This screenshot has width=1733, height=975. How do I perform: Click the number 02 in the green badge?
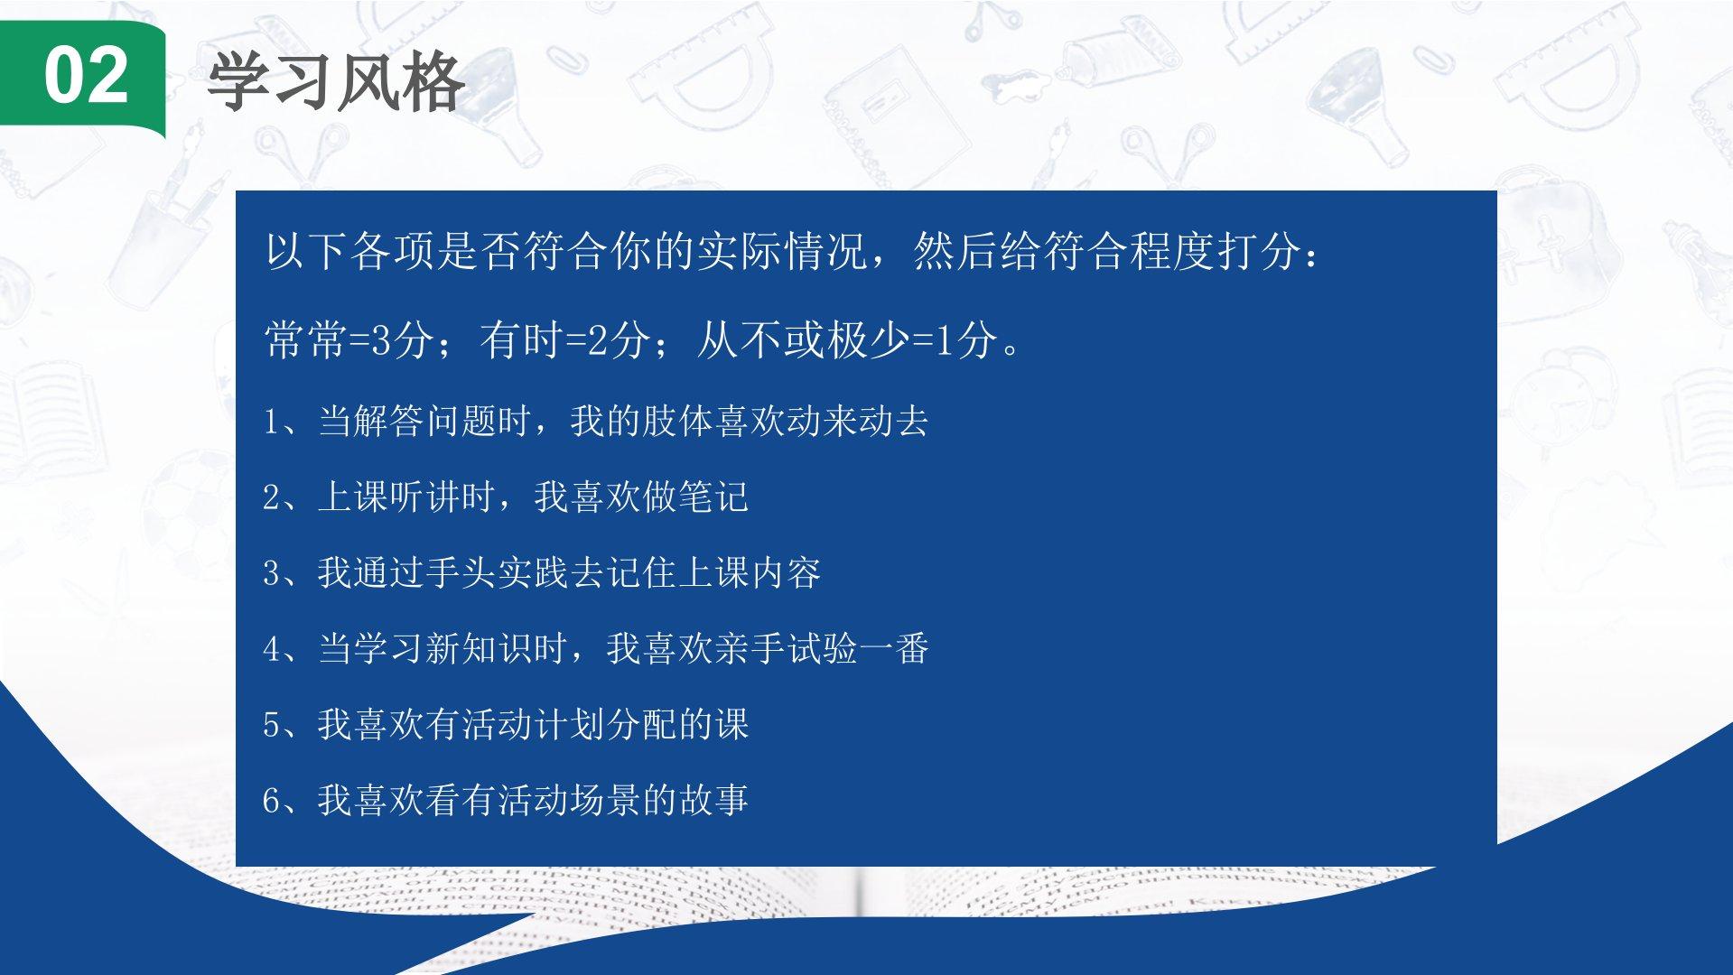pyautogui.click(x=86, y=76)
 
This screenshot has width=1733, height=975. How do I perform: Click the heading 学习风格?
pyautogui.click(x=336, y=81)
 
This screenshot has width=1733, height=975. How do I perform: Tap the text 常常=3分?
pyautogui.click(x=349, y=340)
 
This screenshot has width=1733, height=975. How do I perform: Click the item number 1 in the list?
pyautogui.click(x=271, y=422)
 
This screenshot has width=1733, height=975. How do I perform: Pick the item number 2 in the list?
pyautogui.click(x=271, y=497)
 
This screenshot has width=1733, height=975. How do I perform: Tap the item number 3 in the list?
pyautogui.click(x=271, y=573)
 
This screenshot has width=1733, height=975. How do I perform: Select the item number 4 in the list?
pyautogui.click(x=271, y=649)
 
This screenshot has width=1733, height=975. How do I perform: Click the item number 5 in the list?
pyautogui.click(x=271, y=725)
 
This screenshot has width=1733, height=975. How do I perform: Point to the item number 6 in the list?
pyautogui.click(x=271, y=801)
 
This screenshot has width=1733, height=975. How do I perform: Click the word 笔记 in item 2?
pyautogui.click(x=713, y=497)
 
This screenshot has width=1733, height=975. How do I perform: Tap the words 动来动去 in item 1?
pyautogui.click(x=858, y=422)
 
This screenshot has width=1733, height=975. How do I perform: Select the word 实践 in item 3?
pyautogui.click(x=533, y=573)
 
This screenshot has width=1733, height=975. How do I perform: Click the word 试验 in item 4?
pyautogui.click(x=822, y=649)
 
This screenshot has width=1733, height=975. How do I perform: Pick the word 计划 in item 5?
pyautogui.click(x=569, y=725)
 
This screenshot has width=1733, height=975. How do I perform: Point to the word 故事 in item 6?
pyautogui.click(x=713, y=801)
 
